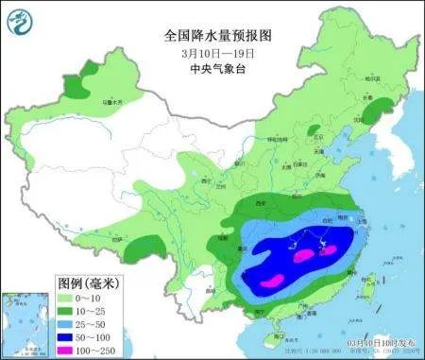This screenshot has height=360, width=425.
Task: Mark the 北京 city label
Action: click(x=321, y=136)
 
